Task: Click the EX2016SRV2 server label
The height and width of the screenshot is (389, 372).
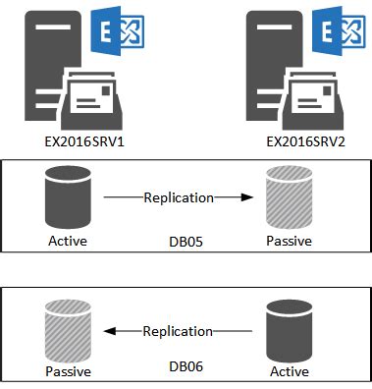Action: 298,142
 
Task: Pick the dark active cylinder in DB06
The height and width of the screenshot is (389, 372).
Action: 289,331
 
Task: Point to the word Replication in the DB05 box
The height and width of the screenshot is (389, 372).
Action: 178,197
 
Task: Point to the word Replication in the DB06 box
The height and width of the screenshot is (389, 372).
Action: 178,331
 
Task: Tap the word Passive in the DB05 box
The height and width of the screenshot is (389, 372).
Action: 291,240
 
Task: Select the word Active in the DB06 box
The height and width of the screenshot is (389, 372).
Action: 289,372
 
